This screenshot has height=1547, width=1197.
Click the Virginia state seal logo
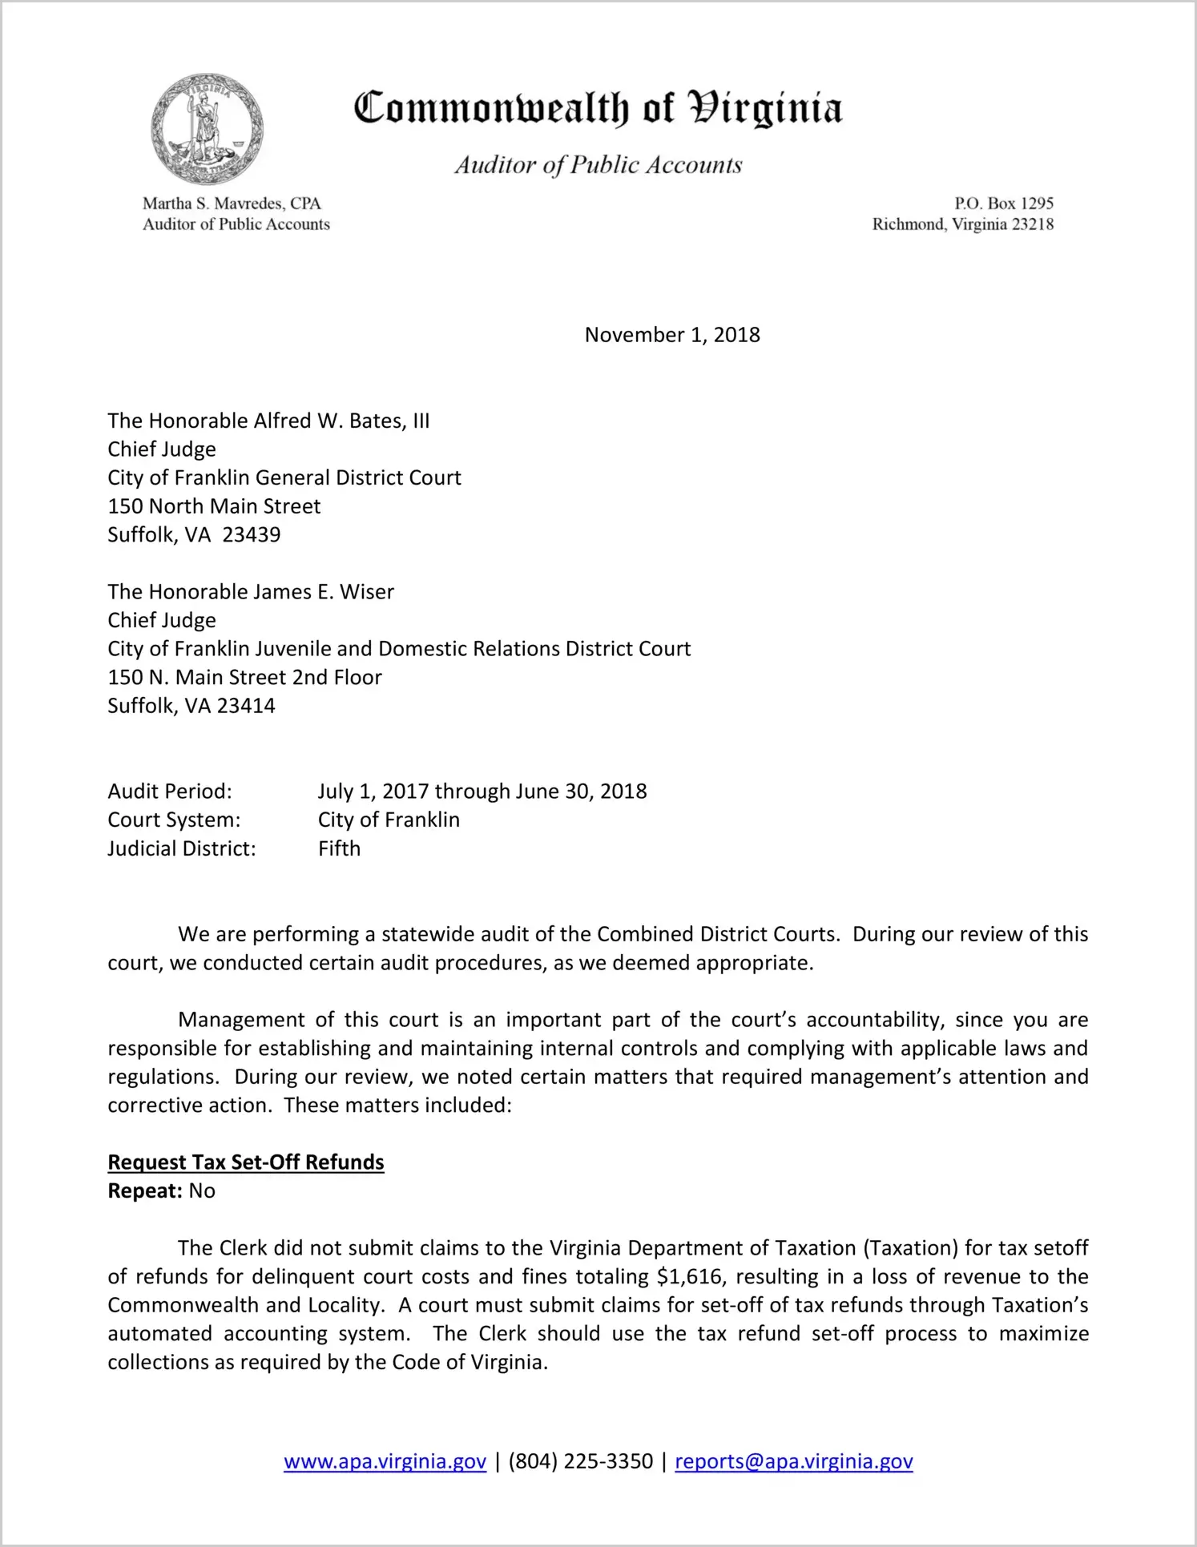(x=207, y=130)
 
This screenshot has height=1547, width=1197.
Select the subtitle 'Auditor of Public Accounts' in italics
(x=598, y=165)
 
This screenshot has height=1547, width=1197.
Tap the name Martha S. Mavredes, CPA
(x=232, y=203)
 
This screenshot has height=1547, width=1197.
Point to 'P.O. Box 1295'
(x=1003, y=203)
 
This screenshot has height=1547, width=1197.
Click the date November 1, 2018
(x=671, y=335)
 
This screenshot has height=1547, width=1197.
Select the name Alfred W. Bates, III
(x=341, y=421)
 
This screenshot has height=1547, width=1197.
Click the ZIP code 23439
(x=252, y=534)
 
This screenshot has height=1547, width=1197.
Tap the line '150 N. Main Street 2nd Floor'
(x=244, y=678)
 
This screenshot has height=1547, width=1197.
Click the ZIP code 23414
(x=246, y=706)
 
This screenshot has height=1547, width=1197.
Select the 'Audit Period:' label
(x=170, y=792)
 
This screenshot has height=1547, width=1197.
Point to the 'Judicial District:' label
(x=182, y=848)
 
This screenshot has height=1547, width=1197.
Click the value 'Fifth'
(x=339, y=848)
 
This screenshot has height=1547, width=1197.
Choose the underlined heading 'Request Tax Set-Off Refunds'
(x=246, y=1162)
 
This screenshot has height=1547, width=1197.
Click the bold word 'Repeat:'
(x=145, y=1191)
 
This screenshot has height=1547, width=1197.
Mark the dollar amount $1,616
(x=691, y=1276)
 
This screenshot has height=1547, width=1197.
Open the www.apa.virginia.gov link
(x=385, y=1461)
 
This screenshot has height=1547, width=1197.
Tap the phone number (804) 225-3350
(x=580, y=1461)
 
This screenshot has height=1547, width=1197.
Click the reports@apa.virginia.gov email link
(x=793, y=1461)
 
